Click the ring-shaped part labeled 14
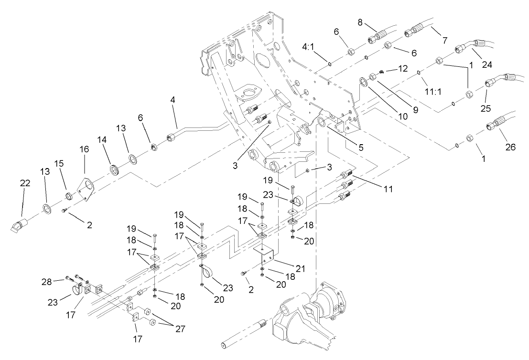[115, 169]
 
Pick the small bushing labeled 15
[69, 195]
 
